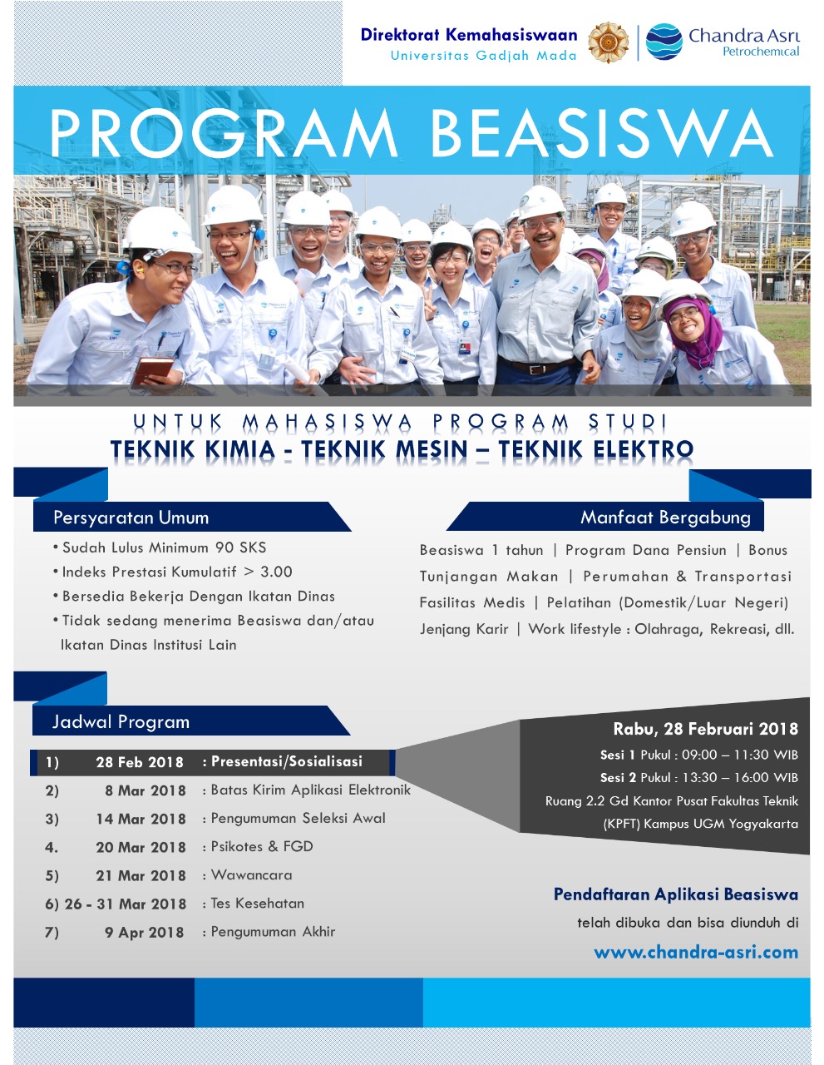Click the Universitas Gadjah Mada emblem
[608, 42]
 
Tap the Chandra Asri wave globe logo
[664, 42]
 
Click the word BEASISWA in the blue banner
[602, 133]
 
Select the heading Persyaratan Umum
[131, 518]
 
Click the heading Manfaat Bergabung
[665, 518]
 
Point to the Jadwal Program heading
[121, 722]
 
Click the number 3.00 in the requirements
[277, 572]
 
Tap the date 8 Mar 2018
[146, 790]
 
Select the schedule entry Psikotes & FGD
[261, 846]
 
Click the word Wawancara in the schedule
[251, 874]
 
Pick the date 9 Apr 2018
[145, 933]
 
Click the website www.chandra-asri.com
[696, 953]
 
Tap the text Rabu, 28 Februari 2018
[706, 730]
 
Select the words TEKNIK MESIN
[384, 449]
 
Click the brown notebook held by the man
[152, 371]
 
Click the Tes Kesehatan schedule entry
[257, 904]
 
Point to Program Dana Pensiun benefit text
[646, 550]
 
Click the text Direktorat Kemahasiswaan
[469, 35]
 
